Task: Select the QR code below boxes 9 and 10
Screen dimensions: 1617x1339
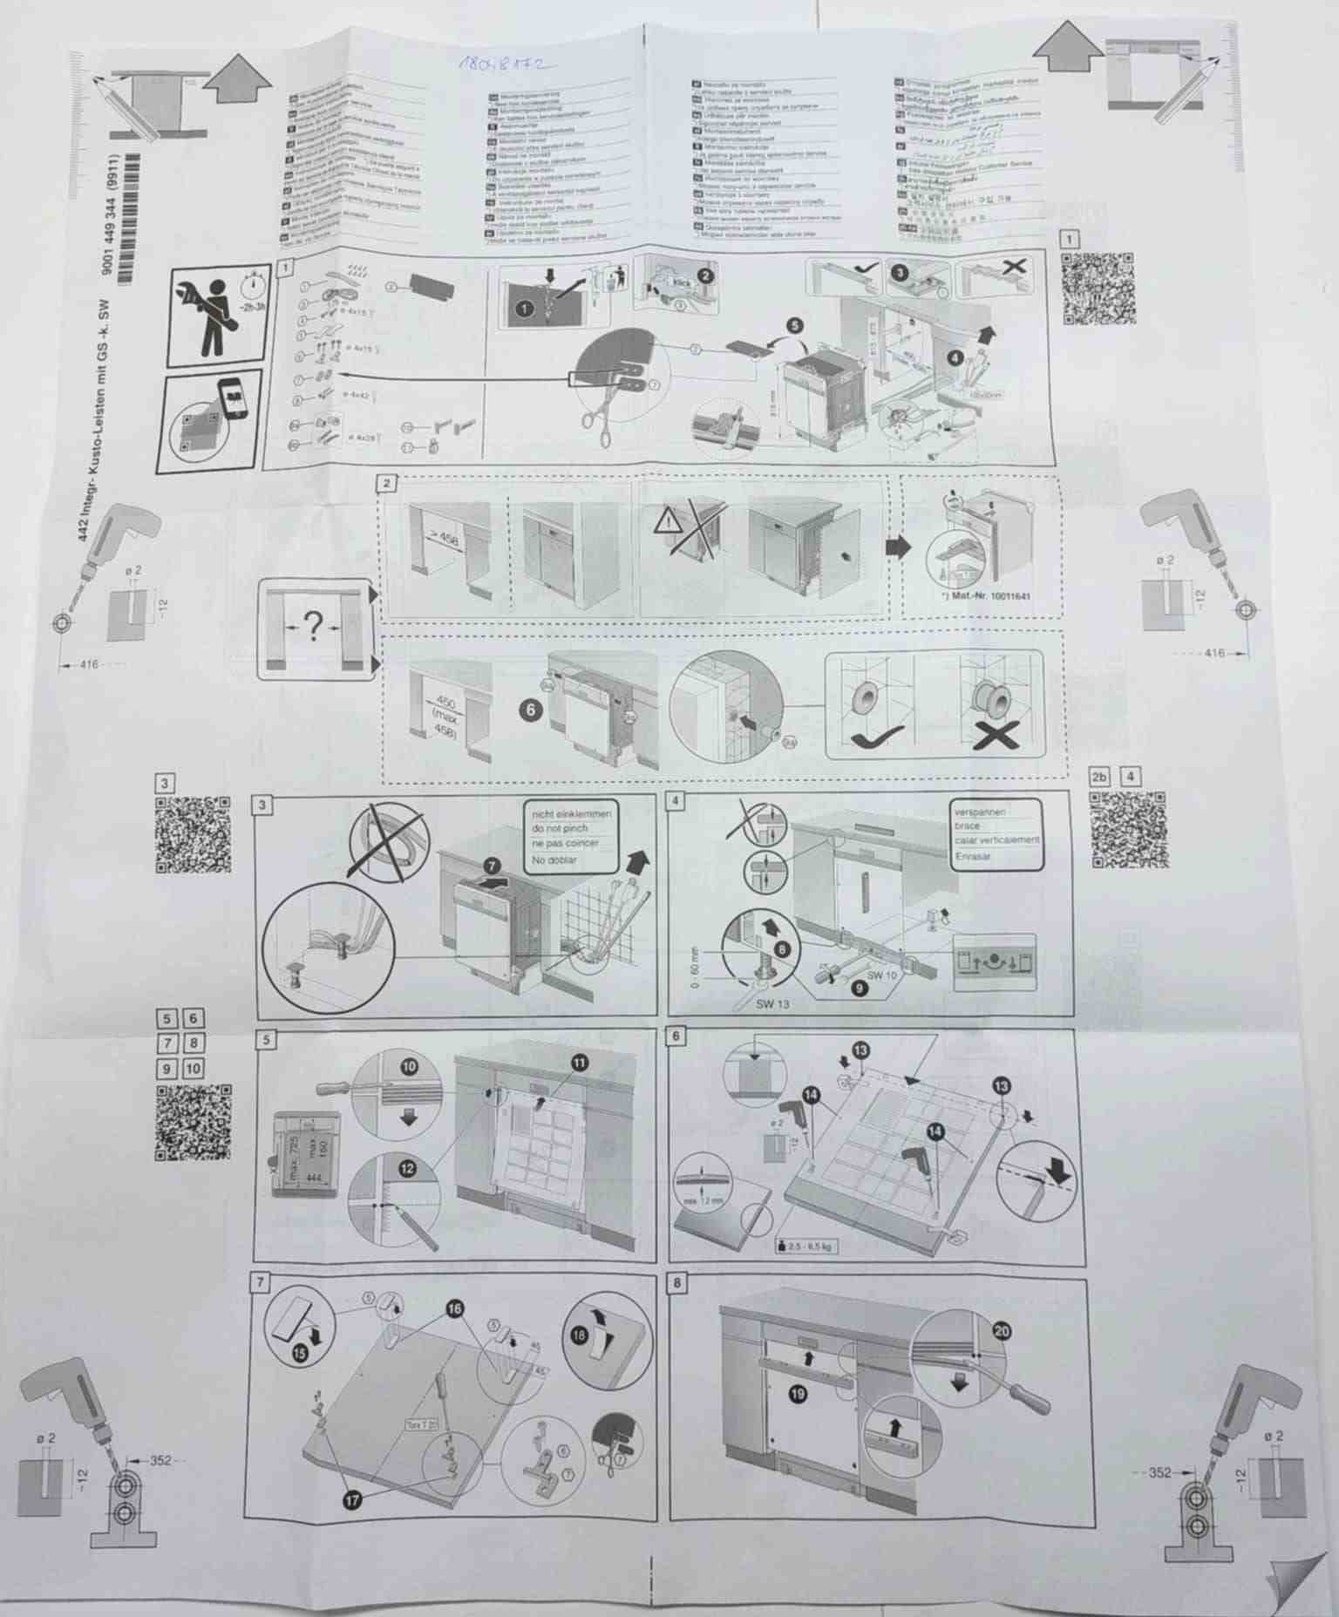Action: [x=194, y=1122]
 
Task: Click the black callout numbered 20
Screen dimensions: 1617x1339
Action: [x=1001, y=1330]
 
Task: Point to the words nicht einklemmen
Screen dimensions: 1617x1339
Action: [x=571, y=813]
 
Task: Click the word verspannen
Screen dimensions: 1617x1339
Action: [x=979, y=812]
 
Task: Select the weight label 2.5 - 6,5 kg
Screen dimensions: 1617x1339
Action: [x=808, y=1247]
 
